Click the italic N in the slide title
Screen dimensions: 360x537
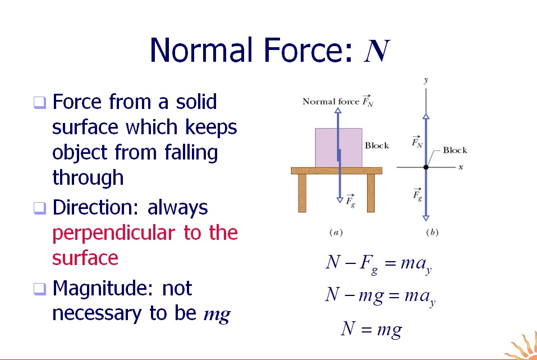[x=377, y=51]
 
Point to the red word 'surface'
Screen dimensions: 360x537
[x=85, y=258]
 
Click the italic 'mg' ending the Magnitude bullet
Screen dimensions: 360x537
[x=217, y=315]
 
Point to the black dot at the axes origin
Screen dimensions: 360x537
[x=426, y=167]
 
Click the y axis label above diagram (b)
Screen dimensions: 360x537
[x=426, y=80]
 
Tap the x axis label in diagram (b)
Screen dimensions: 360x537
[x=460, y=167]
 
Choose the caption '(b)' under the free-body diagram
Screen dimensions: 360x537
[x=432, y=232]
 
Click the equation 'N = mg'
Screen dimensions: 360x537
[x=371, y=329]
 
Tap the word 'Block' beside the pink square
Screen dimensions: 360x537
[x=377, y=145]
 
